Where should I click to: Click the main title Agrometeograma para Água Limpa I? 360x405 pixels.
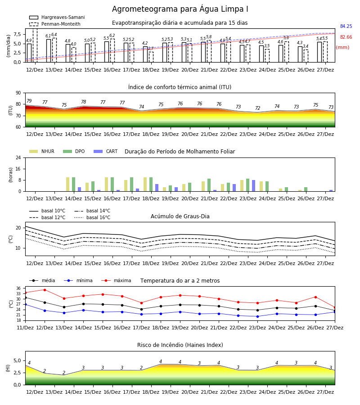(180, 9)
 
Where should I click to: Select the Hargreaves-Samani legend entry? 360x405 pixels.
(57, 17)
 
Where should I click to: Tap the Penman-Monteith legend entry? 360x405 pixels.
(55, 24)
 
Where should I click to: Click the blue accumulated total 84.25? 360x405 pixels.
(346, 26)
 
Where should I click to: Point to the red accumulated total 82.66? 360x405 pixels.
(346, 37)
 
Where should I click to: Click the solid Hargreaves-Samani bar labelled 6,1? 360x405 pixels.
(49, 50)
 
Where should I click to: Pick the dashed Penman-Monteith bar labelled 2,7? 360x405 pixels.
(151, 57)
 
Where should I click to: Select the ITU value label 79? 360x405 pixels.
(29, 101)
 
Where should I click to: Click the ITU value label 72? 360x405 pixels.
(257, 108)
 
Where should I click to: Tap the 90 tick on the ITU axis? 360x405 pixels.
(18, 93)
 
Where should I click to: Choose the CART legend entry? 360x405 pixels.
(106, 151)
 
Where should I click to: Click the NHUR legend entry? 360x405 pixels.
(42, 151)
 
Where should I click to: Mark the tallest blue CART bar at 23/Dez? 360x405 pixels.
(254, 186)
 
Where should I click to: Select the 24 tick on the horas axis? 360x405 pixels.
(18, 157)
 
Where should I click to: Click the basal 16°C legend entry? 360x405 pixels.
(92, 217)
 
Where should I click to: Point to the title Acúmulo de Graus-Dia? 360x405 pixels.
(180, 216)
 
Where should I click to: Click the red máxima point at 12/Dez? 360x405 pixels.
(45, 290)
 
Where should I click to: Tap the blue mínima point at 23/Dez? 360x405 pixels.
(257, 316)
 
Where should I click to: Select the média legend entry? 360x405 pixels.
(42, 280)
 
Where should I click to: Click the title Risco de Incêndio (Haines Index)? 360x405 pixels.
(180, 345)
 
